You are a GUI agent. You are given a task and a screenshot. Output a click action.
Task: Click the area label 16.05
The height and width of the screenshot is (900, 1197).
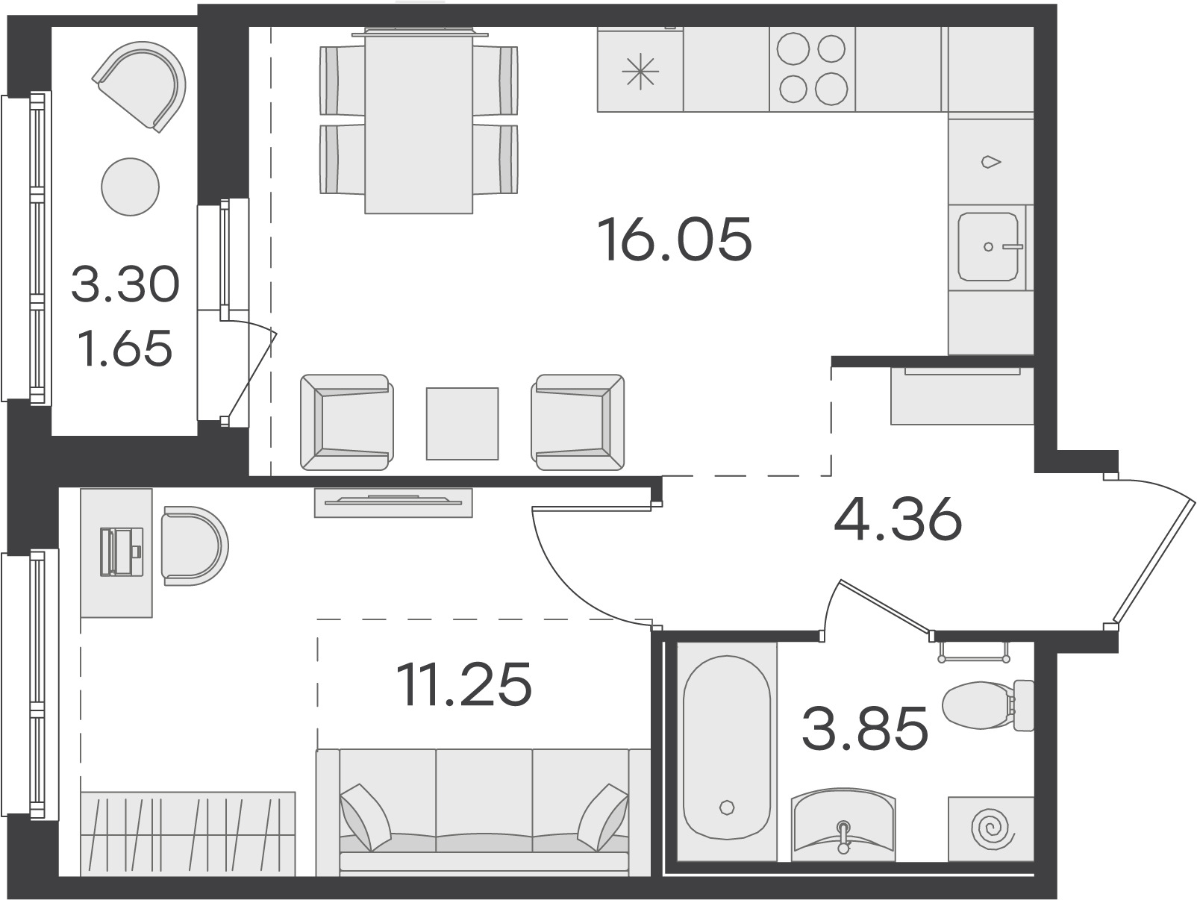(675, 239)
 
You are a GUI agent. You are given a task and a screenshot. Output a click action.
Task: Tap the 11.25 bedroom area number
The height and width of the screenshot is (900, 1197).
(463, 684)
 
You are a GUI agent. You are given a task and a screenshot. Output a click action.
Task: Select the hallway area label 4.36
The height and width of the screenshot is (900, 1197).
(898, 519)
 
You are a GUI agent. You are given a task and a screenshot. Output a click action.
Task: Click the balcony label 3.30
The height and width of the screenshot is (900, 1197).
(125, 284)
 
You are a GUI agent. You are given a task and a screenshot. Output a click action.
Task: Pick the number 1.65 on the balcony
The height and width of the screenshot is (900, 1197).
(125, 349)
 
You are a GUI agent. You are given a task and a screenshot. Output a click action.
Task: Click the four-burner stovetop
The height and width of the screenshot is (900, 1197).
(813, 69)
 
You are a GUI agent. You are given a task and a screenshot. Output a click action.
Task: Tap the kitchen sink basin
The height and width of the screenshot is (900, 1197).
(988, 247)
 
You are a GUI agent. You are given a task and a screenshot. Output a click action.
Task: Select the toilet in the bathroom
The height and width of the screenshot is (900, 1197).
(987, 704)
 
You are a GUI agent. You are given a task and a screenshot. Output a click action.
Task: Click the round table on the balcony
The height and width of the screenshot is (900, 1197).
(131, 187)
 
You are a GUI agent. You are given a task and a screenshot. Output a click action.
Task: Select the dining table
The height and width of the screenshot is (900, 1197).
(419, 121)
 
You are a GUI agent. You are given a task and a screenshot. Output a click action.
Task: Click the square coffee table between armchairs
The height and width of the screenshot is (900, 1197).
(463, 424)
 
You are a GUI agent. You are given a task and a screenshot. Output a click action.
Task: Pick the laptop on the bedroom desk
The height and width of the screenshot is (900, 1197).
(121, 551)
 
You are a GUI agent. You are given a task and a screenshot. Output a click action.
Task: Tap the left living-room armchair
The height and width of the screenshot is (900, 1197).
(347, 422)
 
